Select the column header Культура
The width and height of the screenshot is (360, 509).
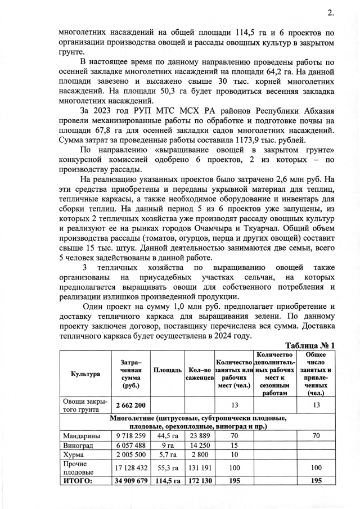point(85,373)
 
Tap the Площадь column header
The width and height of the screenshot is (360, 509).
point(167,370)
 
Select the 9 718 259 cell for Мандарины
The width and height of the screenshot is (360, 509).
point(130,435)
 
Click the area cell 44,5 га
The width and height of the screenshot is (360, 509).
point(167,435)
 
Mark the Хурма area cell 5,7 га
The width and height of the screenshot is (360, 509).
point(167,454)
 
